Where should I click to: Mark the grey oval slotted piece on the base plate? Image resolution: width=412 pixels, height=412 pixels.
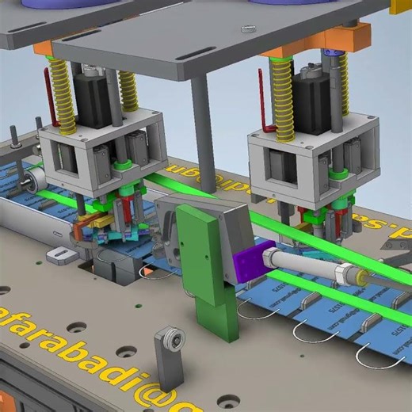pos(60,254)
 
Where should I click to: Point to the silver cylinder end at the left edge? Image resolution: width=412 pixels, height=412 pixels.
pos(32,180)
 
